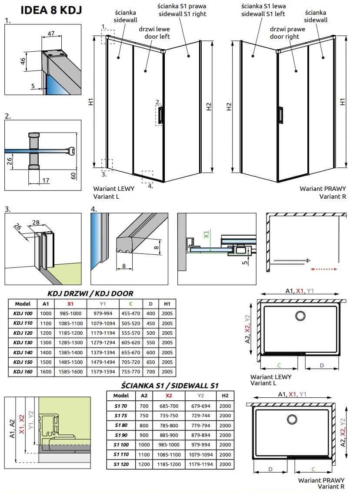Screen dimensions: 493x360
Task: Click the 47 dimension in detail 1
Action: (51, 33)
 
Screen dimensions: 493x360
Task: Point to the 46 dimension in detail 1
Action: (22, 61)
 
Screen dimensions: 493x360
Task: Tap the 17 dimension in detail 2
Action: (46, 180)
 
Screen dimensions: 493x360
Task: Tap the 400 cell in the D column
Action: (150, 313)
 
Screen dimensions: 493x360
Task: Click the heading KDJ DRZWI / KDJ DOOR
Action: (90, 293)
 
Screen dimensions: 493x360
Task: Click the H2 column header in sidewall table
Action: (225, 396)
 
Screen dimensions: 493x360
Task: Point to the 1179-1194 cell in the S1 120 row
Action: (200, 465)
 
